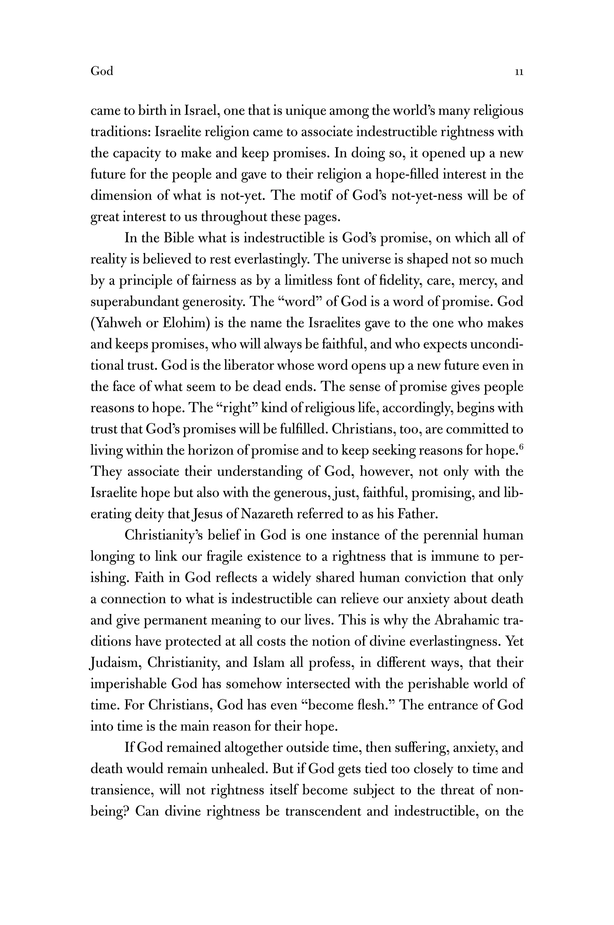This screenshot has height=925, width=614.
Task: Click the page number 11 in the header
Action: point(519,72)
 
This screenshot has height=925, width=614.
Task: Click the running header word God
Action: point(102,71)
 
